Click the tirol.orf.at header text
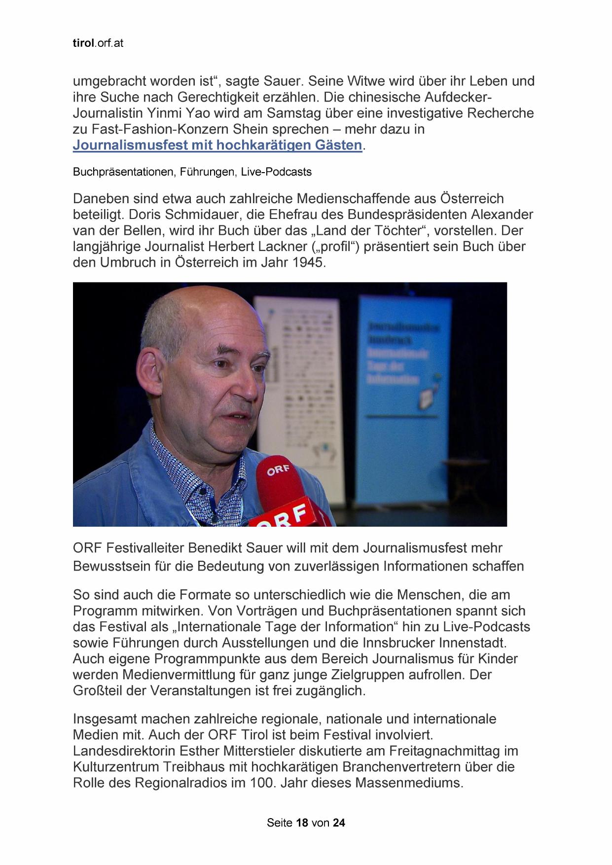(x=98, y=43)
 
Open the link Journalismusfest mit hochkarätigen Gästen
(x=217, y=145)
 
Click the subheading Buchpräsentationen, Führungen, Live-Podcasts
(x=192, y=172)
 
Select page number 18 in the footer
(x=302, y=823)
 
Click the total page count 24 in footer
(x=339, y=823)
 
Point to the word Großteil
(x=98, y=691)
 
